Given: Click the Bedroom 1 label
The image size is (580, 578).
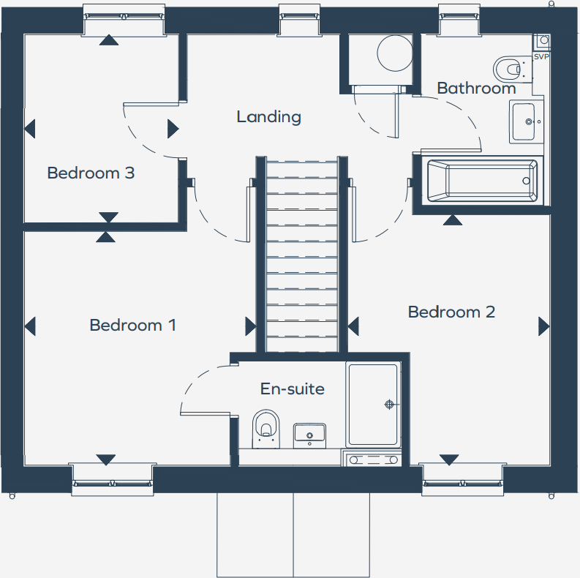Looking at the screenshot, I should [x=132, y=325].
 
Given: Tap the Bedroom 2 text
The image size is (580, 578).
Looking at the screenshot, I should [x=451, y=312].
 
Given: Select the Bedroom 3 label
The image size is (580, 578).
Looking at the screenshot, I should [x=91, y=173].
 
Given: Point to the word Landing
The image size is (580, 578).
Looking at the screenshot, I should [x=268, y=116].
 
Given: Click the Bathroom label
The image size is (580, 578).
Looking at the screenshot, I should [x=476, y=89].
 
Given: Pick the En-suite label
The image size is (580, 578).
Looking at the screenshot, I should [x=292, y=389].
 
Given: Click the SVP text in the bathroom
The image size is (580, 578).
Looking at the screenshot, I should [x=541, y=56].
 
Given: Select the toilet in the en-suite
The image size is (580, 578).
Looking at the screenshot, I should [x=265, y=427].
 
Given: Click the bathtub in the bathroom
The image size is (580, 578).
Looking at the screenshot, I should [x=482, y=181].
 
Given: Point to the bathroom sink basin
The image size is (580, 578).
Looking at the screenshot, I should [x=525, y=121].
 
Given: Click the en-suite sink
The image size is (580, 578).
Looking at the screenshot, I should [x=309, y=435].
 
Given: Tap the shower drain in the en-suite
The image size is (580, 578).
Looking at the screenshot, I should [x=389, y=404].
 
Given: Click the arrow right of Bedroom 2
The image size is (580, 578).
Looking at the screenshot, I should [x=543, y=326].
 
